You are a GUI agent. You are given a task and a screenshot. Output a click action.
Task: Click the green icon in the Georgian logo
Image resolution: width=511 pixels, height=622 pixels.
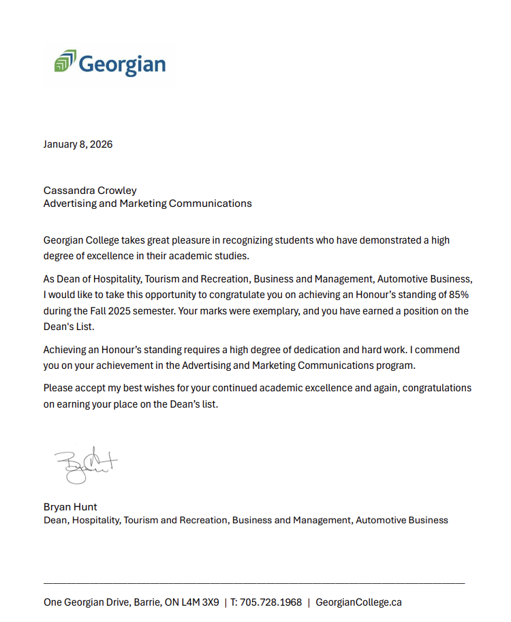point(65,61)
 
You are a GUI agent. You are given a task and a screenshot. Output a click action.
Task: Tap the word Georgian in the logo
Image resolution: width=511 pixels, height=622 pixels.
point(122,64)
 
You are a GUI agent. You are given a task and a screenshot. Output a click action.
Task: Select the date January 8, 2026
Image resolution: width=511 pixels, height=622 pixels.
point(78,144)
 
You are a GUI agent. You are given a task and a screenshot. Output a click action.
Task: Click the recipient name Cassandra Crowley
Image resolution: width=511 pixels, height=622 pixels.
point(90,191)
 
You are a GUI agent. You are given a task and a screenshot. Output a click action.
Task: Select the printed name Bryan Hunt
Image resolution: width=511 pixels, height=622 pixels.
point(70,507)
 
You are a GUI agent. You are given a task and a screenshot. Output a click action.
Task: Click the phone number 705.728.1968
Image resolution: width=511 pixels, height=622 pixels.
point(270,602)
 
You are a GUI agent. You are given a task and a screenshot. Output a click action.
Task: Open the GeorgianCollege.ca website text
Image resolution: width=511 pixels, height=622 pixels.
point(358,602)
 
